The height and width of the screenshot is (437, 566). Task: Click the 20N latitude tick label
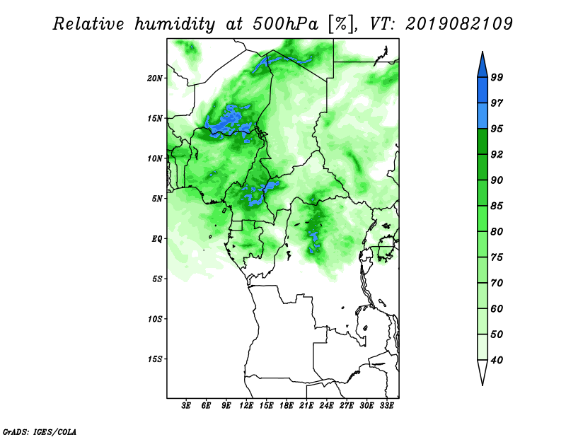(x=155, y=78)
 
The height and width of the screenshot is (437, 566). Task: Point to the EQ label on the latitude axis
(x=157, y=239)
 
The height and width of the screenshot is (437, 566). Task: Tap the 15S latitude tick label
(x=155, y=359)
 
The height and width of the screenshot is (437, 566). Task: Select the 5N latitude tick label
(x=157, y=199)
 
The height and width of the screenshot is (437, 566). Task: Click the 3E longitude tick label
(x=185, y=406)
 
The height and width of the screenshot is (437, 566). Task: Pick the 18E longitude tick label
(x=287, y=406)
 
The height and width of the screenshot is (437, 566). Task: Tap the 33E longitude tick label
(x=386, y=406)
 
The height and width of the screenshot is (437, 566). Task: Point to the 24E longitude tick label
(x=326, y=406)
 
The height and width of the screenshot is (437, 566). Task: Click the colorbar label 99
(x=497, y=77)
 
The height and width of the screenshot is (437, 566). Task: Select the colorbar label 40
(x=497, y=360)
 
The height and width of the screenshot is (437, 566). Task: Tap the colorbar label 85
(x=497, y=206)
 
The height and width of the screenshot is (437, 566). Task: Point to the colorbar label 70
(x=497, y=283)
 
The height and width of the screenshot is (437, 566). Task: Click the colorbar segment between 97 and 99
(x=483, y=91)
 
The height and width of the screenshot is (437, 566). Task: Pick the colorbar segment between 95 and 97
(x=483, y=116)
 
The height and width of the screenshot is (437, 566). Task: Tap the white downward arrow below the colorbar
(x=483, y=371)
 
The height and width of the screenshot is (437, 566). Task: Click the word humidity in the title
(x=175, y=25)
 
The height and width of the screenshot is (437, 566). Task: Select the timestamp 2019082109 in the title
(x=458, y=24)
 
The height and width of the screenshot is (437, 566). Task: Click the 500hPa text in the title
(x=286, y=25)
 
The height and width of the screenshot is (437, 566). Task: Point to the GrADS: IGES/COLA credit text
(x=40, y=431)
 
